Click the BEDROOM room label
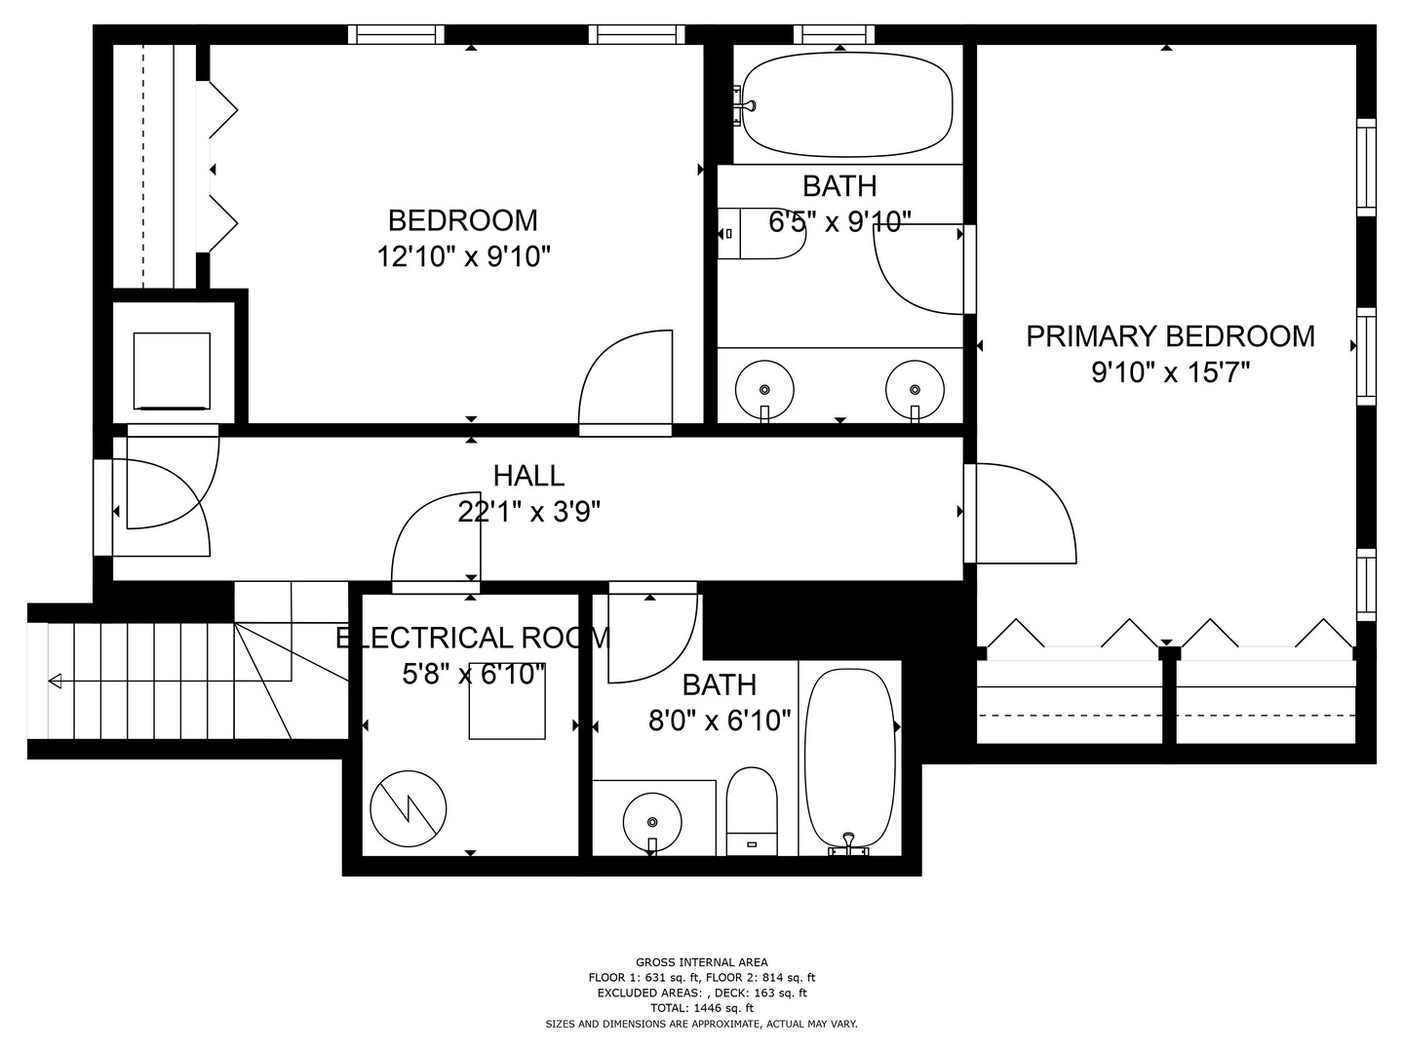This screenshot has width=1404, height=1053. [x=462, y=220]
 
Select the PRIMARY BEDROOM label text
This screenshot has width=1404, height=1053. [x=1170, y=336]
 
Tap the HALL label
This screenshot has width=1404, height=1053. [x=528, y=476]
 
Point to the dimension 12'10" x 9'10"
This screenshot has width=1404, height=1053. [x=464, y=257]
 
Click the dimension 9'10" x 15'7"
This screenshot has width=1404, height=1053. [x=1170, y=372]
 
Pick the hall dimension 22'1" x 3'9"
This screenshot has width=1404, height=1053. [x=528, y=512]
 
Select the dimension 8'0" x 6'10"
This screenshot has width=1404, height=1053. [x=720, y=721]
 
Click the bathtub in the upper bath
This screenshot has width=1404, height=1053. [x=846, y=104]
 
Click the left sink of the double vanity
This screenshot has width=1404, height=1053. [x=764, y=386]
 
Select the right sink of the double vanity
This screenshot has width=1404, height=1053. [x=915, y=386]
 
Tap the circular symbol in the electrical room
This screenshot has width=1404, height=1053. [x=409, y=808]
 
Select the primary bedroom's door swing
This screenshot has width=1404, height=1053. [x=1024, y=514]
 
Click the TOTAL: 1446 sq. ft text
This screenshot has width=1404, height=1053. [x=701, y=1008]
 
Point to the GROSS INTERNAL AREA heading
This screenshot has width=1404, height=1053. [x=701, y=962]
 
